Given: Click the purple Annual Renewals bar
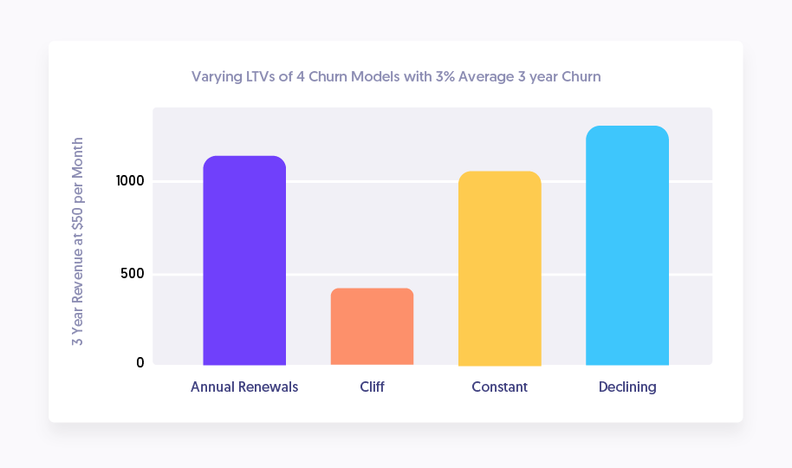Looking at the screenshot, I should [244, 260].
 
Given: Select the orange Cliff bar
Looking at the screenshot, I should [372, 326].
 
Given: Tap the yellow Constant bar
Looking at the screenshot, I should [499, 268].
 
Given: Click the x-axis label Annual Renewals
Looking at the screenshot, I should [244, 387].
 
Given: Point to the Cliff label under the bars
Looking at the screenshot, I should [372, 387].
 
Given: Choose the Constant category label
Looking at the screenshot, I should [499, 387].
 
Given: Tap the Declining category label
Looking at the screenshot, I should [627, 387].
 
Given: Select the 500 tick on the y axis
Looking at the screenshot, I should [132, 274].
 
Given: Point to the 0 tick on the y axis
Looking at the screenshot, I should [140, 362].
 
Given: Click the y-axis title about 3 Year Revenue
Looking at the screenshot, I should [78, 241].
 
